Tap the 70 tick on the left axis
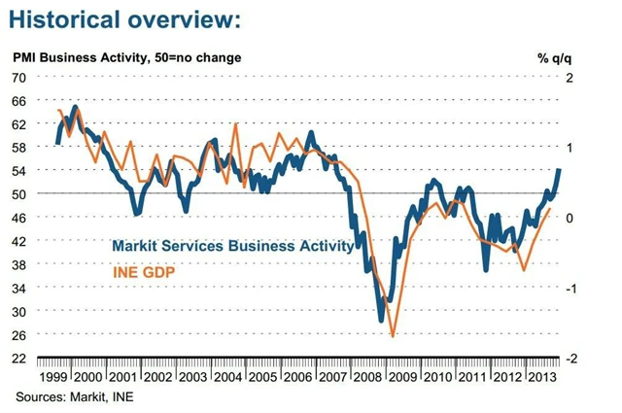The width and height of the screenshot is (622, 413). click(x=19, y=77)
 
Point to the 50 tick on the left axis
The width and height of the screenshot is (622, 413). click(x=19, y=193)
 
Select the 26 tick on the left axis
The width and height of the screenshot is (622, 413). click(x=19, y=334)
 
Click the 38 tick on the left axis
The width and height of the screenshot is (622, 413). click(x=19, y=264)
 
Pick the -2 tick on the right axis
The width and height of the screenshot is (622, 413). click(x=572, y=358)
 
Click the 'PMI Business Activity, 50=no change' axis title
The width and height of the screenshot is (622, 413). click(x=126, y=57)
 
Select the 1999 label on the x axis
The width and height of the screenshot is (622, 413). click(x=53, y=376)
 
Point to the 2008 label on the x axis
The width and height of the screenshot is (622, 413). click(x=365, y=376)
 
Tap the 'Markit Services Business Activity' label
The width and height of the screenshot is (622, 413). click(x=232, y=246)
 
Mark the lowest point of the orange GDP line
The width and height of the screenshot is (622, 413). click(x=393, y=336)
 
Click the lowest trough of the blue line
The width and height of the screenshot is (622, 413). click(x=382, y=319)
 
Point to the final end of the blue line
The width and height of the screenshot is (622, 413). click(x=559, y=170)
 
